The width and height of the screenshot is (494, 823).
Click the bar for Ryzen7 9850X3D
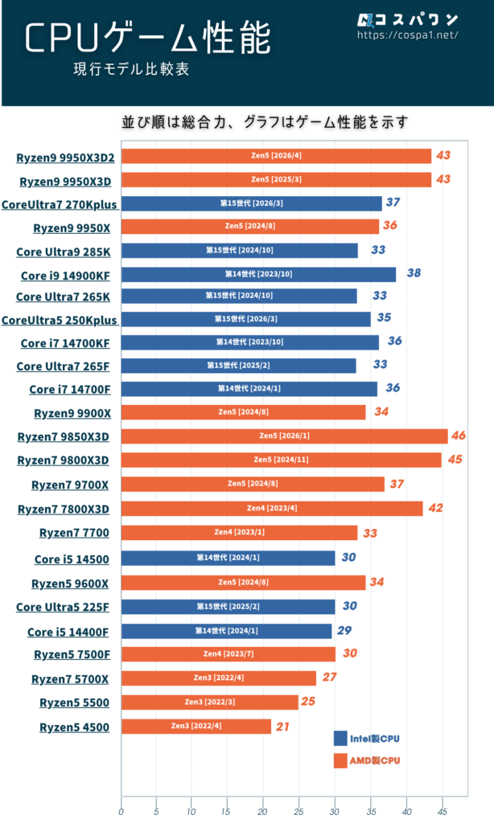click(x=284, y=436)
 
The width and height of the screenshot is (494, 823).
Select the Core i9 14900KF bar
click(x=258, y=275)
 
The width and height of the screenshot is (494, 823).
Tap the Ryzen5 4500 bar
click(x=196, y=727)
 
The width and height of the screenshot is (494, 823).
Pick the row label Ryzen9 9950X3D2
click(x=65, y=158)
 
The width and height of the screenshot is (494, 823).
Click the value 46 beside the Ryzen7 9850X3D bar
click(x=459, y=436)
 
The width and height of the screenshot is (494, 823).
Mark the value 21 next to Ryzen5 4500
click(x=282, y=726)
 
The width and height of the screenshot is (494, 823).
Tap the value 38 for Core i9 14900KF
click(x=414, y=273)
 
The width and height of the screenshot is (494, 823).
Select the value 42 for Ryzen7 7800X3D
click(x=434, y=508)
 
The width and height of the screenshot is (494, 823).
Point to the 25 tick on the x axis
click(x=298, y=811)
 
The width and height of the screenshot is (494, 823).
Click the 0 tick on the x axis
click(x=121, y=811)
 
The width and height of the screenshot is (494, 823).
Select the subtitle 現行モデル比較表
click(x=130, y=70)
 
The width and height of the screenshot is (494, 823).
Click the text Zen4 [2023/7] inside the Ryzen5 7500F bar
click(x=228, y=654)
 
